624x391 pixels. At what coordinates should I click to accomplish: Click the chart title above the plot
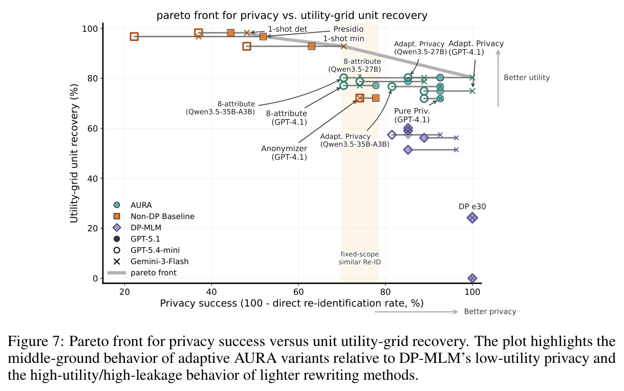(292, 15)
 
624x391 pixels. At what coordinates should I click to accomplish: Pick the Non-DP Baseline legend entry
(154, 216)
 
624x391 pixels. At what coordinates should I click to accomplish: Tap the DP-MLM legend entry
(137, 228)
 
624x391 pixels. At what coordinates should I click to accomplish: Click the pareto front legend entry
(142, 273)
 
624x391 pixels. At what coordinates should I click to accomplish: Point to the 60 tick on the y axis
(90, 128)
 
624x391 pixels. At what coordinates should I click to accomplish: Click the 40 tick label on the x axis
(211, 292)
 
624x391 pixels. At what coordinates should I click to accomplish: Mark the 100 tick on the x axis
(472, 292)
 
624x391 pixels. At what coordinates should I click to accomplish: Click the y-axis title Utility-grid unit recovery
(74, 154)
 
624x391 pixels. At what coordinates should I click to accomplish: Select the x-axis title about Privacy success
(292, 303)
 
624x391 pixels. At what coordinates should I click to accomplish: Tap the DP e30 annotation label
(472, 207)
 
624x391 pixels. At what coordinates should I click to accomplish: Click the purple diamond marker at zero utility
(472, 278)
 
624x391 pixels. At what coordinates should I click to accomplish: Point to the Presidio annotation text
(348, 29)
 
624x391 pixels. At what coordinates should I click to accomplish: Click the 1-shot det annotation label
(288, 29)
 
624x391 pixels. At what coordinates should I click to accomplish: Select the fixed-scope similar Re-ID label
(360, 258)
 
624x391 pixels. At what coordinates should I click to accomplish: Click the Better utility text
(527, 77)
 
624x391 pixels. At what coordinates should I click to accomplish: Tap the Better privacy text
(490, 311)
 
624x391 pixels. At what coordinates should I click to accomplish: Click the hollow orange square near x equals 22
(134, 36)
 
